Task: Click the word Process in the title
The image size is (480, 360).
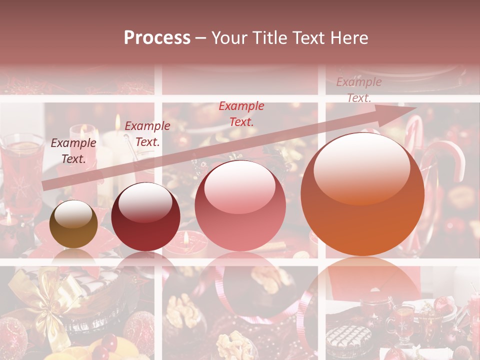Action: (x=157, y=38)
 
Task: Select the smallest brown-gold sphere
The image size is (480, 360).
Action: (x=73, y=224)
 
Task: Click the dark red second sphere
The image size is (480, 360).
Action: (x=145, y=217)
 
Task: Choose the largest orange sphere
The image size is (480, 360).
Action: (x=362, y=195)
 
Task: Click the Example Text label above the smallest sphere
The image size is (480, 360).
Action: (x=73, y=151)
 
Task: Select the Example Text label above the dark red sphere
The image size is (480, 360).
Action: (x=147, y=134)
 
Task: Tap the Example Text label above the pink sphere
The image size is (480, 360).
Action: (x=241, y=113)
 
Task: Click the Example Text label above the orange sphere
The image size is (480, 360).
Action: (x=358, y=90)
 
